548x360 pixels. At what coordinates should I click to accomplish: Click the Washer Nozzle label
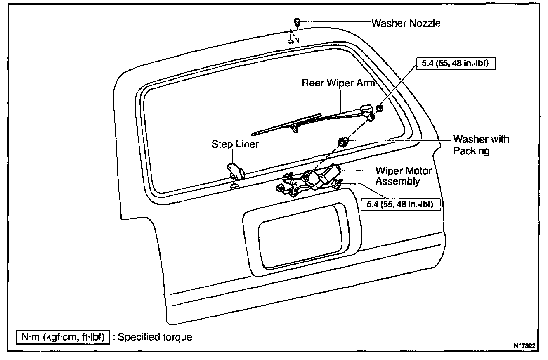pos(406,23)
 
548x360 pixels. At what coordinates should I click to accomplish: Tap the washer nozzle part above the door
pos(297,22)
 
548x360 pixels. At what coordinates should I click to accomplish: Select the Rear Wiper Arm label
pos(338,83)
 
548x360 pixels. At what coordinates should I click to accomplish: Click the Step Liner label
pos(235,144)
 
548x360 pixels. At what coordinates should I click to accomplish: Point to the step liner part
pos(234,170)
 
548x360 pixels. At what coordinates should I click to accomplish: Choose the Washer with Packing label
pos(481,145)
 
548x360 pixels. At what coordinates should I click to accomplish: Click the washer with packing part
pos(342,142)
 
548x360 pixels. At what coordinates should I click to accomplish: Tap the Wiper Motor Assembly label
pos(397,176)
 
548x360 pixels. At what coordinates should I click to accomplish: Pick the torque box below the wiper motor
pos(401,204)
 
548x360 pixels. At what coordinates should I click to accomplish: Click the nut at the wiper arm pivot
pos(380,108)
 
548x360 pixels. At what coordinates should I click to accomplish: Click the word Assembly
pos(397,181)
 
